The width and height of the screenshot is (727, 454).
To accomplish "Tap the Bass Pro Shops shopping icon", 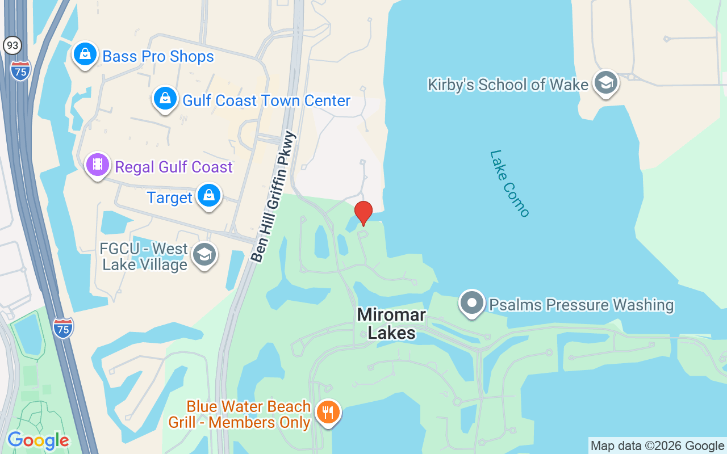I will pos(85,54).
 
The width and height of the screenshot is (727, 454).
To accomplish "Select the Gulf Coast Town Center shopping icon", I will pos(165,99).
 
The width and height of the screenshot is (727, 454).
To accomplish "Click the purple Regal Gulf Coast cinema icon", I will pos(98,165).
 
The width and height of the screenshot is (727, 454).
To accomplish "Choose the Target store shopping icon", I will pos(209,196).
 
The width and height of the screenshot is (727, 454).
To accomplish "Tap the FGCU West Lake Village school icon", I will pos(204,255).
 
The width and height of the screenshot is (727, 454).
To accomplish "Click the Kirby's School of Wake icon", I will pos(605,83).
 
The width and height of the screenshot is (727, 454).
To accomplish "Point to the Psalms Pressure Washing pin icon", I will pos(471,303).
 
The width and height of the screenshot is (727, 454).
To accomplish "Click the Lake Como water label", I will pos(509,183).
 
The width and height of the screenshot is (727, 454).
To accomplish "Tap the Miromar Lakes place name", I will pos(391,323).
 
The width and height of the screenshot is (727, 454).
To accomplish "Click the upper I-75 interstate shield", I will pos(20,70).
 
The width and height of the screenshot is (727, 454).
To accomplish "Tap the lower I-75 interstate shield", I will pos(63,328).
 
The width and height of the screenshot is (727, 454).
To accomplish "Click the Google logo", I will pos(38,440).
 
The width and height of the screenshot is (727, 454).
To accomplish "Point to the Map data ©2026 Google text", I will pos(657,445).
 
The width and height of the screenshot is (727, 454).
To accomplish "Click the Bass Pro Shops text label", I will pos(158,57).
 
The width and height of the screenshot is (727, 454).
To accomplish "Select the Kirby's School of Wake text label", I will pos(508,85).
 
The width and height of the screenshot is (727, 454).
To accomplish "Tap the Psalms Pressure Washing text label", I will pos(581,305).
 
